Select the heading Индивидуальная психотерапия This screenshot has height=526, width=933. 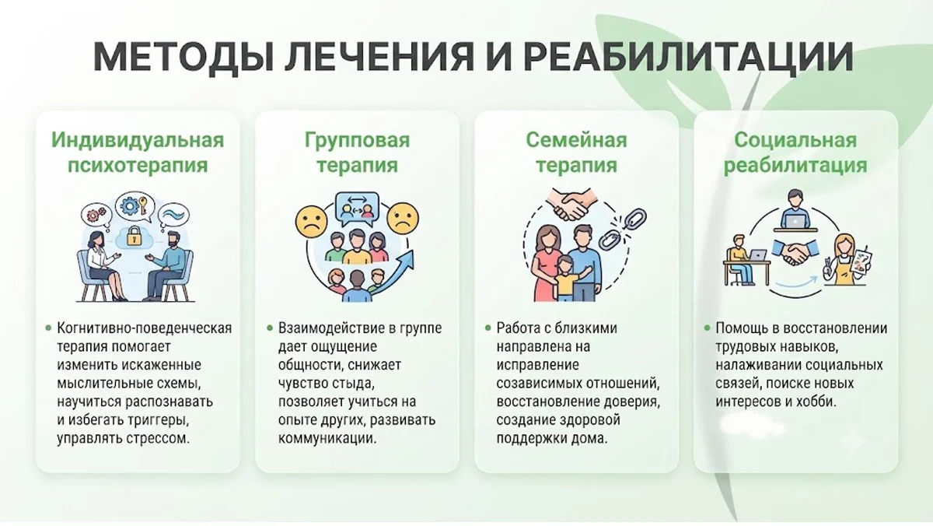point(138,153)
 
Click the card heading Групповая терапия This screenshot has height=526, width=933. point(357,153)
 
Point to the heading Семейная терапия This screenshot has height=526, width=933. point(576,153)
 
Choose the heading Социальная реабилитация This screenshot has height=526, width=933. point(795,153)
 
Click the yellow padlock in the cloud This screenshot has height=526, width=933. point(133,237)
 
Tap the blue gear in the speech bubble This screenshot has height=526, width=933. point(130,205)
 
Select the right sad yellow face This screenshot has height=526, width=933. point(403,219)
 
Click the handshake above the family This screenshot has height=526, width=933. point(571,205)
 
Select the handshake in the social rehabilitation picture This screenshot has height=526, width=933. point(795,253)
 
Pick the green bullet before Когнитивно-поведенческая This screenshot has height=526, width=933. point(48,328)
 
